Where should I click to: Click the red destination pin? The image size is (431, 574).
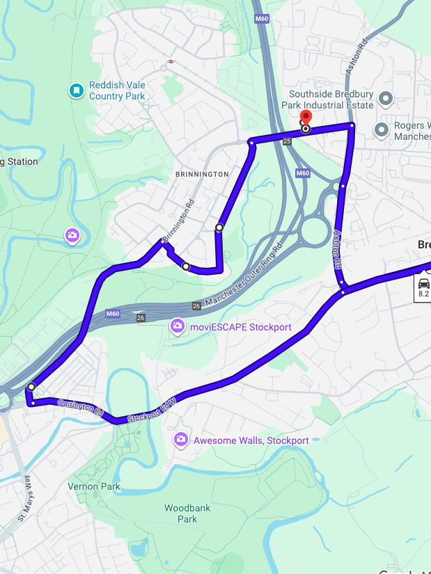click(305, 118)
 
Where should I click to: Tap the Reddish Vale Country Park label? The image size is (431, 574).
click(116, 90)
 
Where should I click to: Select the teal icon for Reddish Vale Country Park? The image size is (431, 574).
click(76, 90)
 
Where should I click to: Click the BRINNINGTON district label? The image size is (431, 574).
click(202, 174)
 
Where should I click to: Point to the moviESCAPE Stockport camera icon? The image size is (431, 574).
click(178, 326)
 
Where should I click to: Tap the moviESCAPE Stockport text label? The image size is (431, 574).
click(241, 327)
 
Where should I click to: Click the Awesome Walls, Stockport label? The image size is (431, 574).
click(251, 440)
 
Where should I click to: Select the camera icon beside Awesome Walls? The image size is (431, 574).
click(180, 440)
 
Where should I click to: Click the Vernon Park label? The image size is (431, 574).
click(94, 486)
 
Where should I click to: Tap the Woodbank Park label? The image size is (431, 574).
click(187, 513)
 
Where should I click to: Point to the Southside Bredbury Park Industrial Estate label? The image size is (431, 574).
click(331, 99)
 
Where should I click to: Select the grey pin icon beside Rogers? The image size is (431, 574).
click(382, 130)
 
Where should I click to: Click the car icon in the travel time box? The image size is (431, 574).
click(423, 283)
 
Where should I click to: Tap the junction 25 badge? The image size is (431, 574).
click(287, 141)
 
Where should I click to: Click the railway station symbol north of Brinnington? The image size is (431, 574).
click(171, 61)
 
